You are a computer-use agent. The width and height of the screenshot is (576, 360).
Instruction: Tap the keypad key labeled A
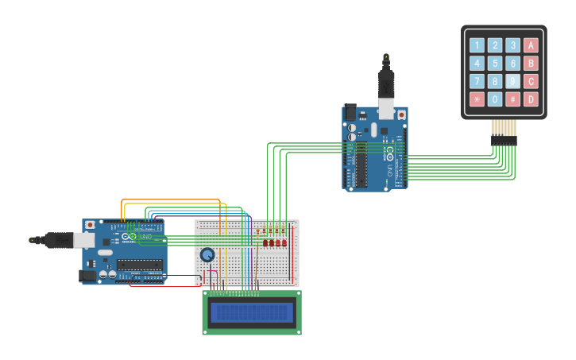(x=531, y=45)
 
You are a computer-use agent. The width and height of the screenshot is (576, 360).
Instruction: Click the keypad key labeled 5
(x=495, y=64)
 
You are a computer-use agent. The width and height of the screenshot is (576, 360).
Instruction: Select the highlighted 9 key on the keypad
(x=513, y=81)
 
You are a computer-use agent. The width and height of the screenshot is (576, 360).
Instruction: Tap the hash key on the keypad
(x=513, y=99)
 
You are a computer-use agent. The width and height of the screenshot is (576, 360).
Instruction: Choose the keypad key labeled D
(x=531, y=99)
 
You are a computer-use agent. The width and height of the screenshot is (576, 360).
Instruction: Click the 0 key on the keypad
(x=495, y=99)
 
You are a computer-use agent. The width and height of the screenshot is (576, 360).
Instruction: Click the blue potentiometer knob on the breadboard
(x=207, y=254)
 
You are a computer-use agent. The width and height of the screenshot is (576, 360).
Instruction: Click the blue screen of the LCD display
(x=251, y=312)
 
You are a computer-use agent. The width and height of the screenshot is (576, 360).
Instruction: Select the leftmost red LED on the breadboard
(x=265, y=242)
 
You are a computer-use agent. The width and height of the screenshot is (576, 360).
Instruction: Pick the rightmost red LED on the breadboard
(x=284, y=242)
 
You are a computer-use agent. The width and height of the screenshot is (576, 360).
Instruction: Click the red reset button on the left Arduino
(x=90, y=225)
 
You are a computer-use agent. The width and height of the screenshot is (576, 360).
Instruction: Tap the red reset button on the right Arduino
(x=401, y=114)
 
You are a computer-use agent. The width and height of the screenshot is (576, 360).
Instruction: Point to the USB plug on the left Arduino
(x=83, y=239)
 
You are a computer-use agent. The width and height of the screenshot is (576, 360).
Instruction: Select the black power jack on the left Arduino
(x=87, y=275)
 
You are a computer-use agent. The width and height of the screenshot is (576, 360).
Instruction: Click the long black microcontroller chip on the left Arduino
(x=140, y=264)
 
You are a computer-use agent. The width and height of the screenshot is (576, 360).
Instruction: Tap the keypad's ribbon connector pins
(x=504, y=140)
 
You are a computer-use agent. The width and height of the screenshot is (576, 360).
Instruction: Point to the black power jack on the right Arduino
(x=350, y=113)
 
